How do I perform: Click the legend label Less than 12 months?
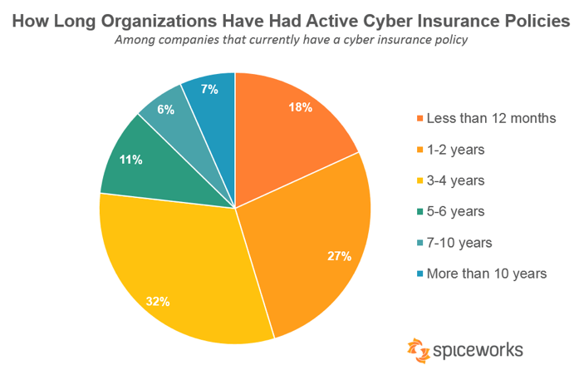[490, 118]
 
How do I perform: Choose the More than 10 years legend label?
[486, 274]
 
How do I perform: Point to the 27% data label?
[339, 256]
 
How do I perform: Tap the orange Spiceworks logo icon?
[418, 348]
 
